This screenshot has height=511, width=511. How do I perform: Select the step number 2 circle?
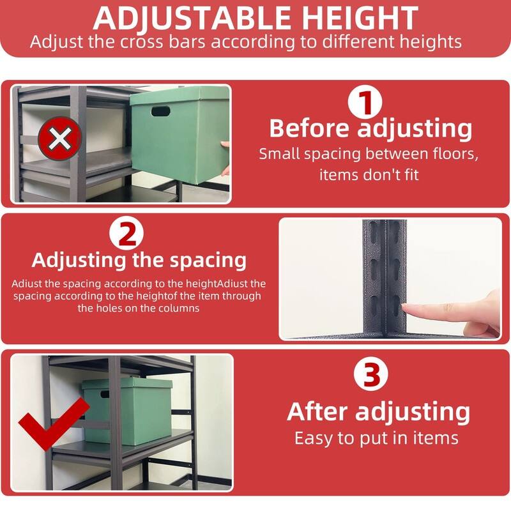[x=128, y=234]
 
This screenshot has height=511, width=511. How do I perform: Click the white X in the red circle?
[x=59, y=137]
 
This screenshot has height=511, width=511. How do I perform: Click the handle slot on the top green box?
[x=161, y=111]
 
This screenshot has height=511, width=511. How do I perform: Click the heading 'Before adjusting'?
[x=370, y=128]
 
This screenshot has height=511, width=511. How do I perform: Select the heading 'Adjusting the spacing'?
[x=139, y=260]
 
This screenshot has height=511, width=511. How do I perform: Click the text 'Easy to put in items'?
[x=376, y=438]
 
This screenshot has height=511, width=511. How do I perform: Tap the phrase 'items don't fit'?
[x=369, y=174]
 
